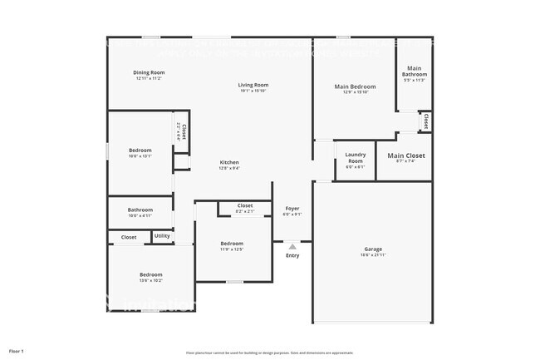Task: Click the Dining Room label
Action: coord(149,72)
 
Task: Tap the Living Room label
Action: coord(253,85)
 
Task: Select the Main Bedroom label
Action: coord(355,86)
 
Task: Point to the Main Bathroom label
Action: coord(415,71)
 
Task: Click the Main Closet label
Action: coord(406,155)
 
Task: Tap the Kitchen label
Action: coord(229,162)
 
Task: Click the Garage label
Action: coord(373,249)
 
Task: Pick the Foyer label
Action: coord(292,208)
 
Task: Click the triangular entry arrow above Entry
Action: coord(292,246)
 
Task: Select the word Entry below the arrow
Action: coord(292,255)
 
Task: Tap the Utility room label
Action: coord(162,236)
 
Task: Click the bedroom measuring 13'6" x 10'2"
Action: coord(150,274)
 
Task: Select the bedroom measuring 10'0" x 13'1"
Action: coord(140,150)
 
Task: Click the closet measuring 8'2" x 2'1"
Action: coord(245,205)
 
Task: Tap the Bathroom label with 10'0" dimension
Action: coord(140,210)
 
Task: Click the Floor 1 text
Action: coord(17,351)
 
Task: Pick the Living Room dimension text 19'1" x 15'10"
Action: coord(253,91)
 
